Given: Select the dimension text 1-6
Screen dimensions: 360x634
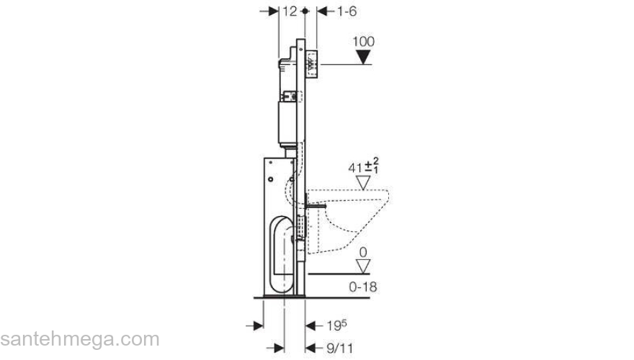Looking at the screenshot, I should [337, 12].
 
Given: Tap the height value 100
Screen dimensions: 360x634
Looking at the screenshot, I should [365, 40].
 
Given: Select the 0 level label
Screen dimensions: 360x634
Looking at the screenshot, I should [365, 252].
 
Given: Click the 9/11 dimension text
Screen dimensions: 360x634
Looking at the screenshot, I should [337, 348].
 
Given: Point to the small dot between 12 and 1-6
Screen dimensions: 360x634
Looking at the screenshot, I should [306, 12].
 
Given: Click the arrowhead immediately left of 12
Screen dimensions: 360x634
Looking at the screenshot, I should [273, 12].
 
